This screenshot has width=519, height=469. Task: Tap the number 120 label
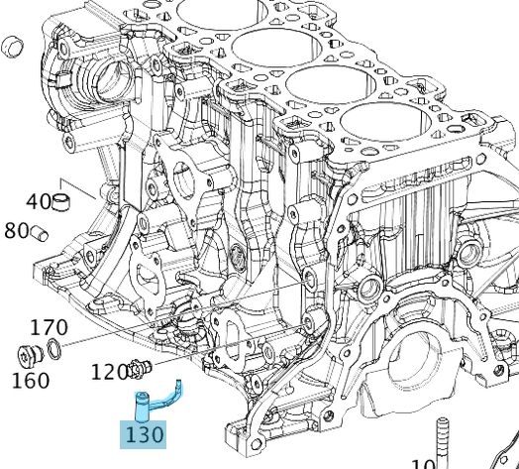[108, 372]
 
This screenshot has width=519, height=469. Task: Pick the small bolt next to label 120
[140, 371]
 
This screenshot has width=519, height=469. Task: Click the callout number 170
[49, 327]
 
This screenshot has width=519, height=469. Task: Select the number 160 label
[31, 380]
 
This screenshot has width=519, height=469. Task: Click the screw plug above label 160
[27, 354]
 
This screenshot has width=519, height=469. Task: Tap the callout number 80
[16, 231]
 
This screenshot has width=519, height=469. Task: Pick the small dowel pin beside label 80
[41, 233]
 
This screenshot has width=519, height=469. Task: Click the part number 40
[39, 201]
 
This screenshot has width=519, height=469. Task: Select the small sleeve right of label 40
[62, 204]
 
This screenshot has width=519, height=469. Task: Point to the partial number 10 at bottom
[423, 462]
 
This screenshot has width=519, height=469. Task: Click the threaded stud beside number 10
[442, 443]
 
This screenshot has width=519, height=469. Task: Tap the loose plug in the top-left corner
[12, 47]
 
